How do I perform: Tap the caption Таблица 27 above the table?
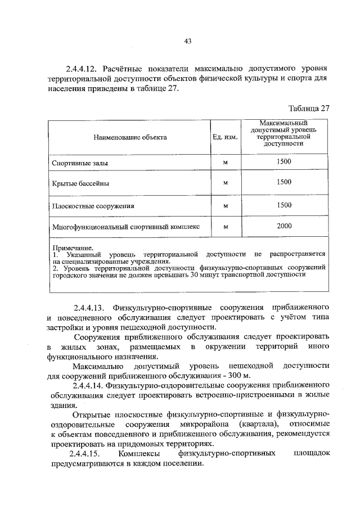tap(308, 109)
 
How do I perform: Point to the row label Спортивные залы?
tap(80, 163)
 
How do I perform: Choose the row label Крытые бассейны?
tap(80, 183)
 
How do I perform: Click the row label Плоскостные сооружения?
tap(93, 206)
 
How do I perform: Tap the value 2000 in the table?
tap(284, 226)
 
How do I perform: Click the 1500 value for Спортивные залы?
tap(284, 161)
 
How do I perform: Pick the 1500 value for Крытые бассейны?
tap(284, 182)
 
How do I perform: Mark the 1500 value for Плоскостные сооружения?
tap(284, 205)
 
